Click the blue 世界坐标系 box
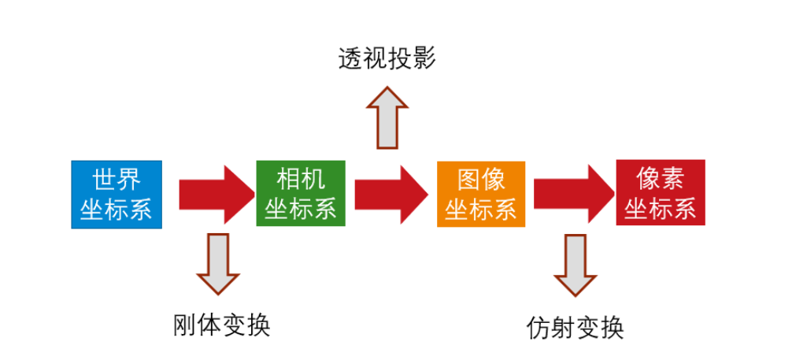[117, 195]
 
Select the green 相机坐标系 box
[301, 193]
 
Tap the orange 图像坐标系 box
[481, 194]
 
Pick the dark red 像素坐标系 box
[661, 193]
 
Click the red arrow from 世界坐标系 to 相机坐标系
[211, 194]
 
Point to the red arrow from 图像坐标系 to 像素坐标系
[571, 194]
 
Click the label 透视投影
[387, 60]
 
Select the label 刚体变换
[221, 325]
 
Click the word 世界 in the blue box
[117, 180]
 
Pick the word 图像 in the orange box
[481, 180]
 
